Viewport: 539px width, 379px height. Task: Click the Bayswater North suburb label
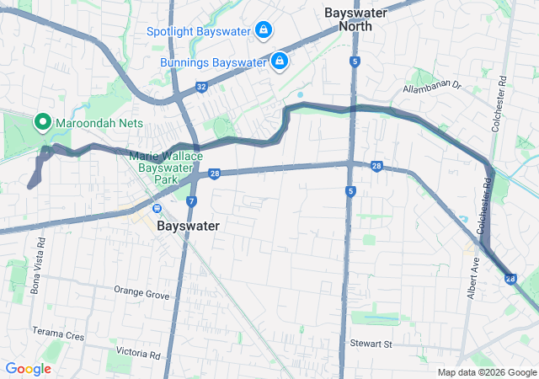click(x=355, y=19)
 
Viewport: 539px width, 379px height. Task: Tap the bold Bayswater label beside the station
click(x=188, y=227)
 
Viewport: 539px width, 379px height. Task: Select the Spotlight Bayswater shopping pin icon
click(x=264, y=30)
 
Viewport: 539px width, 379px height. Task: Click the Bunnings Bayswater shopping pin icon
click(x=280, y=61)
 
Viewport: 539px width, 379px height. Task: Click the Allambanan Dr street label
click(x=433, y=86)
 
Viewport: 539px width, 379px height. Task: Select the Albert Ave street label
click(x=474, y=275)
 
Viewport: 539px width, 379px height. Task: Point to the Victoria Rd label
click(x=138, y=354)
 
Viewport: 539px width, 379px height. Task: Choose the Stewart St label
click(x=371, y=344)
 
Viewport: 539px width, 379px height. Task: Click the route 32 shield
click(x=200, y=86)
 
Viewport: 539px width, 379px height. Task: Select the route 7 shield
click(x=192, y=201)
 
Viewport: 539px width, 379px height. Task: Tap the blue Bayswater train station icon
click(x=156, y=209)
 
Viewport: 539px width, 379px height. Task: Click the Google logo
click(x=29, y=368)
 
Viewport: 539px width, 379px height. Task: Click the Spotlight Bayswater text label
click(x=199, y=31)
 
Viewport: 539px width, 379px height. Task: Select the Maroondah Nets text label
click(x=99, y=123)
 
